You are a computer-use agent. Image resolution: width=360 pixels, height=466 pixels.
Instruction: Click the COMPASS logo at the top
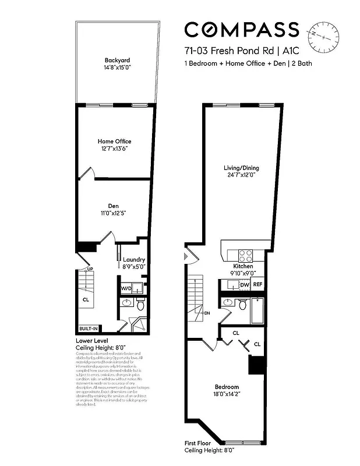click(242, 30)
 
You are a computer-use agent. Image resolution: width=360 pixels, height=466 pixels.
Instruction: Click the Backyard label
click(117, 61)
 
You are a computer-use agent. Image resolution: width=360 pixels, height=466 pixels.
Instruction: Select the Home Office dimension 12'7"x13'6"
click(114, 149)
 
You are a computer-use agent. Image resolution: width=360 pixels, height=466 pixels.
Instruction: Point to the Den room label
click(114, 206)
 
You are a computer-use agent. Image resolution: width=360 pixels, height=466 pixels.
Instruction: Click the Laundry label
click(134, 260)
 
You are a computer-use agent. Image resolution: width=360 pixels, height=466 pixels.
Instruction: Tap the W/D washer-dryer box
click(126, 288)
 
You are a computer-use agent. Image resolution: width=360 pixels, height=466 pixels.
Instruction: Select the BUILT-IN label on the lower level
click(89, 329)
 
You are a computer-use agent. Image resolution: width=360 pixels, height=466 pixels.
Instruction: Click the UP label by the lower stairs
click(90, 269)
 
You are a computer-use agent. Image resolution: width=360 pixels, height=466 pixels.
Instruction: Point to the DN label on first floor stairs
click(207, 313)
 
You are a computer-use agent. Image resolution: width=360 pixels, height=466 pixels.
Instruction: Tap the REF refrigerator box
click(257, 285)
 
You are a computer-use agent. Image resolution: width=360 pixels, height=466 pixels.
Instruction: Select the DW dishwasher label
click(244, 285)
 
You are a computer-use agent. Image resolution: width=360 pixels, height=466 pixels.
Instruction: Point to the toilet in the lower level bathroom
click(140, 305)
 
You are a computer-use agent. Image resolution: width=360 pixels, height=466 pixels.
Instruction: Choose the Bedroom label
click(227, 387)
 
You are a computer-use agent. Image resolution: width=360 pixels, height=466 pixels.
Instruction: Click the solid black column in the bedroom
click(255, 365)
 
